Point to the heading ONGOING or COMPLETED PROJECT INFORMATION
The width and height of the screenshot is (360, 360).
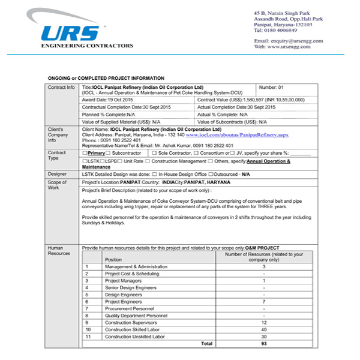point(106,79)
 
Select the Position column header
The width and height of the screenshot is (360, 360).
point(113,259)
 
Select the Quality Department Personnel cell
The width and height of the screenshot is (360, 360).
point(136,315)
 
